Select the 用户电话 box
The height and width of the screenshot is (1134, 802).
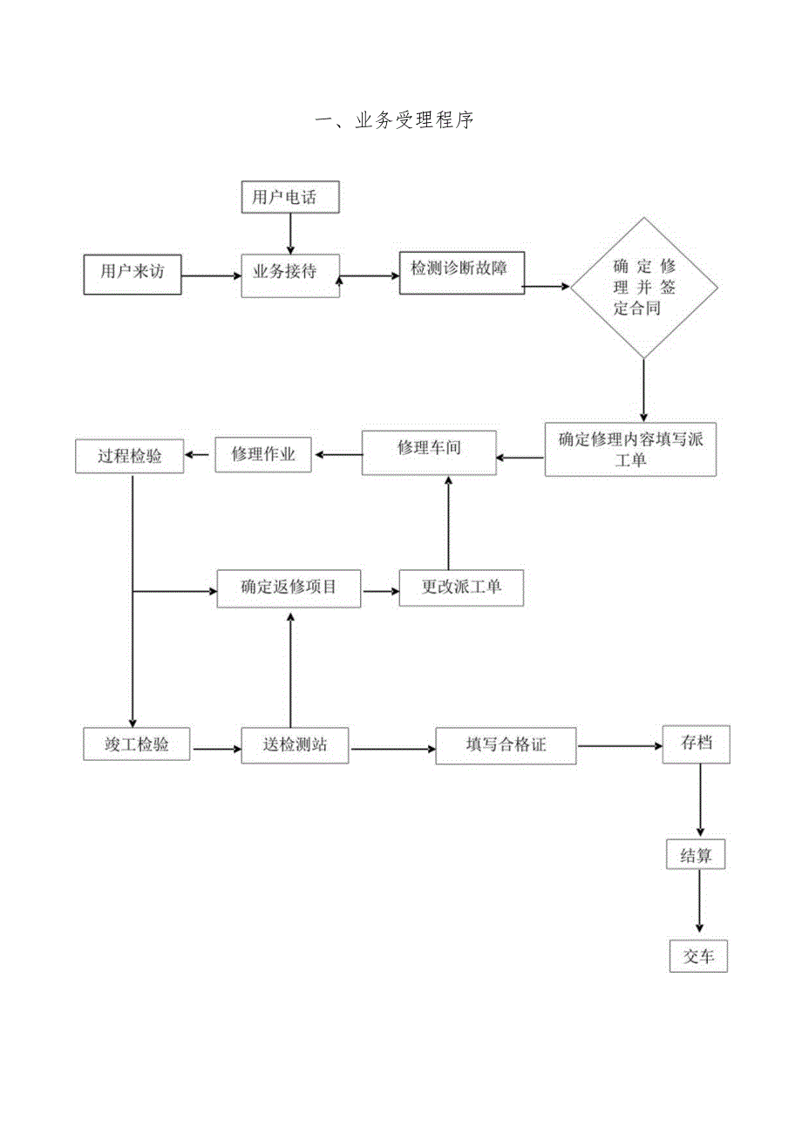click(289, 198)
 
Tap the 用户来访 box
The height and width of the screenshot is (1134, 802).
click(133, 275)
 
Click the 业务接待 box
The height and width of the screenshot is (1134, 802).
click(289, 275)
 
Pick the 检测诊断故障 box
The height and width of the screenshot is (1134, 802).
click(462, 273)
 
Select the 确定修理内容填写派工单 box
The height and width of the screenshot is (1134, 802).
click(630, 450)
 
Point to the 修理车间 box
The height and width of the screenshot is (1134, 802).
click(429, 452)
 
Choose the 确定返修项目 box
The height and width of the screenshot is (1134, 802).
click(289, 588)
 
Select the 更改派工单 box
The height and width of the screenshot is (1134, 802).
click(462, 588)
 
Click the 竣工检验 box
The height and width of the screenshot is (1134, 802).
click(138, 745)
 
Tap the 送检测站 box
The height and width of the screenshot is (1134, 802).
click(295, 746)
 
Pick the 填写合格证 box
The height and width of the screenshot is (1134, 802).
click(506, 746)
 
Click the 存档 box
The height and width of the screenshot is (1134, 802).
click(696, 744)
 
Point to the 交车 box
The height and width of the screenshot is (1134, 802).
click(697, 956)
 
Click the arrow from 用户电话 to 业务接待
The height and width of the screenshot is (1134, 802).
click(289, 234)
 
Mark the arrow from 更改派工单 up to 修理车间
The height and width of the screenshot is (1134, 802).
click(448, 523)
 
